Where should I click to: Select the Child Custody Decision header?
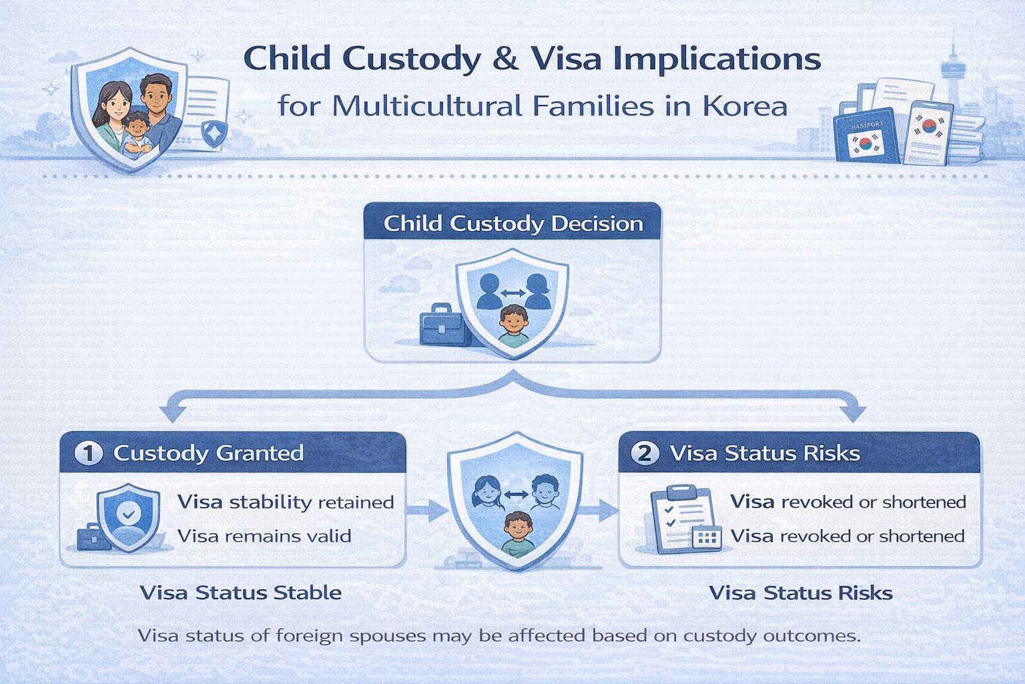click(512, 223)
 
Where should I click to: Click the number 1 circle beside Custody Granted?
click(88, 454)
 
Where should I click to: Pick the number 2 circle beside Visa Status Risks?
click(645, 454)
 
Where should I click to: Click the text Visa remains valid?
click(264, 536)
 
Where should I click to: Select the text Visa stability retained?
click(286, 502)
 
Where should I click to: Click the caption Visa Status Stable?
click(240, 592)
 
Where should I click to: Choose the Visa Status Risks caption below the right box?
click(800, 592)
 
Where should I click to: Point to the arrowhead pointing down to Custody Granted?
click(175, 411)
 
